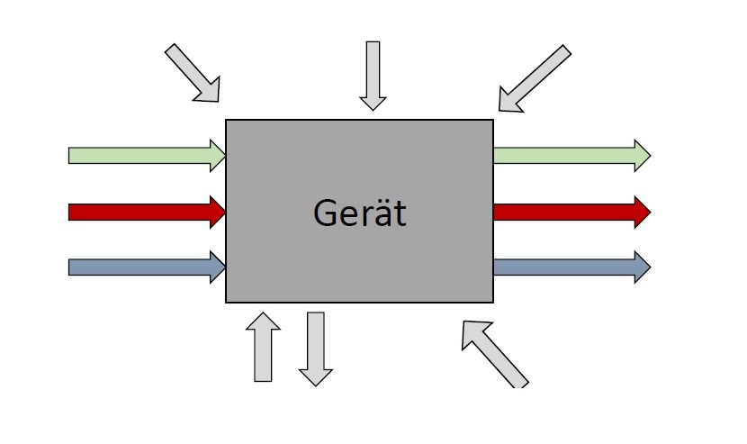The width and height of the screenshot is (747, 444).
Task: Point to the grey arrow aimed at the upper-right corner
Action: pos(535,78)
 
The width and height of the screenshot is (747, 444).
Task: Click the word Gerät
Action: pos(359,213)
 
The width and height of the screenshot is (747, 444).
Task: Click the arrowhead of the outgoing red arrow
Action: pos(641,213)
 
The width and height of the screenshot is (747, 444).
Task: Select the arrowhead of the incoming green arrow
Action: pos(217,156)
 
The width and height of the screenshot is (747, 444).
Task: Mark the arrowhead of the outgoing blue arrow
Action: pos(641,267)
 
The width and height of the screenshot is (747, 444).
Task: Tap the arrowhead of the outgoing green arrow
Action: pos(641,156)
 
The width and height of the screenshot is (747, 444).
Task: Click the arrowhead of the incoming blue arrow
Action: pos(217,267)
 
